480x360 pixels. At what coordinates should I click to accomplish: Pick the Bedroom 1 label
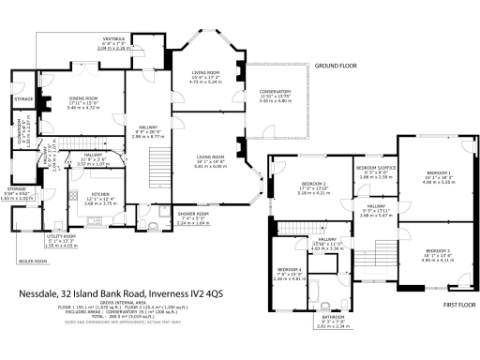(x=439, y=173)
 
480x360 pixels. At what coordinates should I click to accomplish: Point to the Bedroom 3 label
(x=438, y=251)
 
